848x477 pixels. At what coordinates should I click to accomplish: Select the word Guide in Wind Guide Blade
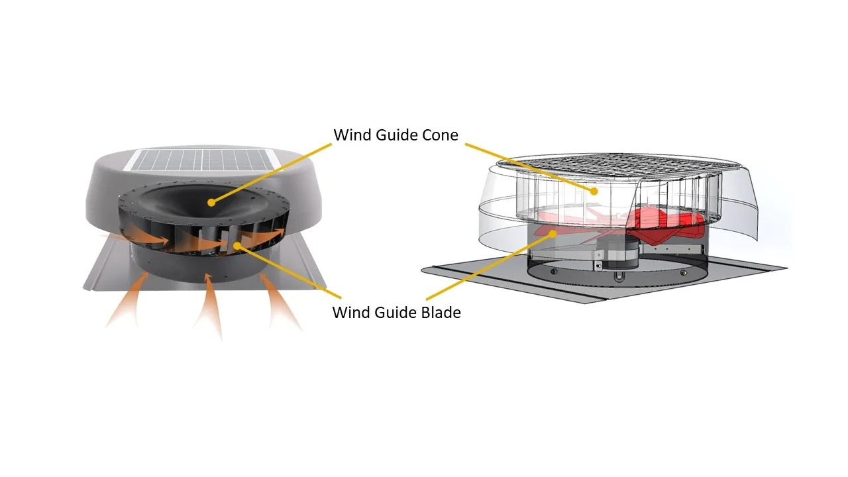coord(392,312)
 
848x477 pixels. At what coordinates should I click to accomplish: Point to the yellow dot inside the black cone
coord(211,201)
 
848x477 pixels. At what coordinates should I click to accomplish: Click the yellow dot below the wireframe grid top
coord(594,191)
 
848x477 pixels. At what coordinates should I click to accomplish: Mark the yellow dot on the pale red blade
coord(554,233)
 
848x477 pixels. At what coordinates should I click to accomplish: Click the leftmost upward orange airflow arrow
coord(129,301)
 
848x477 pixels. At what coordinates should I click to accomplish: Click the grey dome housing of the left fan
coord(106,192)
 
